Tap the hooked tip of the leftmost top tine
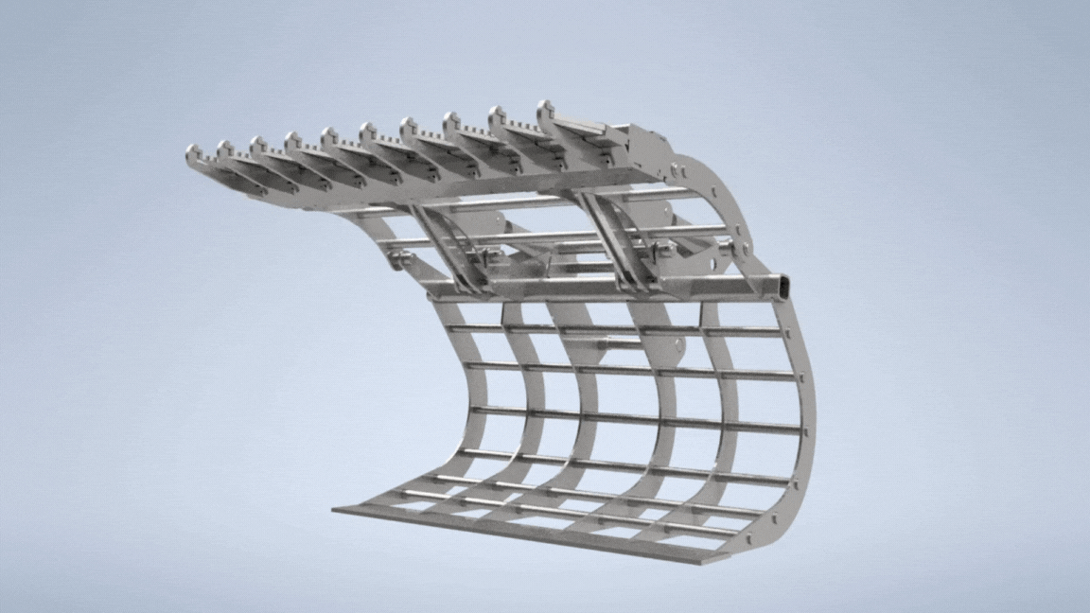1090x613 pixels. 192,151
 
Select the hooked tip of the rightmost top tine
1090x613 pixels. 546,107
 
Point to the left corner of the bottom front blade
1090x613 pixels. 338,512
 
